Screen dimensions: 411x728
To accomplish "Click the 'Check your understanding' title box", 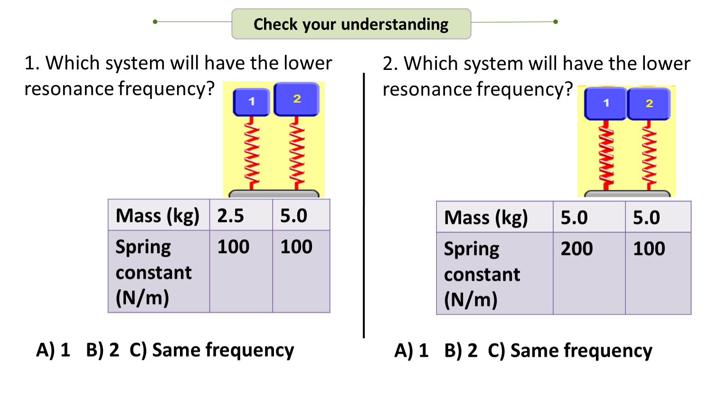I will (x=351, y=24).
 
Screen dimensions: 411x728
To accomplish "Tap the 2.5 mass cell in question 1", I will (x=241, y=215).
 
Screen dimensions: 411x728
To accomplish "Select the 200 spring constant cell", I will (x=588, y=273).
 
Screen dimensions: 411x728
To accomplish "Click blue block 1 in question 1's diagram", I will (x=251, y=102).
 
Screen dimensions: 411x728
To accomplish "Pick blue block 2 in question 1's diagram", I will (x=297, y=99).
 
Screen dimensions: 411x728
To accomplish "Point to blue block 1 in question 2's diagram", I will (x=605, y=103).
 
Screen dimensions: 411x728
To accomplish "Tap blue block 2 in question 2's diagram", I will (x=649, y=104).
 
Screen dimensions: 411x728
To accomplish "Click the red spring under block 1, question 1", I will (x=252, y=152).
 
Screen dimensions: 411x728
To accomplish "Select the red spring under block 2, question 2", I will (x=649, y=155).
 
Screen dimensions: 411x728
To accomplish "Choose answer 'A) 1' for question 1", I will (x=53, y=350).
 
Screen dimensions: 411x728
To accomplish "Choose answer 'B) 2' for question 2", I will (x=461, y=351).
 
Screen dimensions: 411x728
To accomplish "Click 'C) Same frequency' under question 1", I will (x=212, y=350).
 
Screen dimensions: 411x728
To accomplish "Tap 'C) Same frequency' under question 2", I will (x=570, y=351).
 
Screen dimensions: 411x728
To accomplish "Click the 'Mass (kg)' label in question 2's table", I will (x=486, y=217).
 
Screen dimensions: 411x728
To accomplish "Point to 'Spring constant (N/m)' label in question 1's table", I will (x=153, y=272).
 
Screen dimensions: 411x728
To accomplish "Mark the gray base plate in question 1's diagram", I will (x=274, y=194).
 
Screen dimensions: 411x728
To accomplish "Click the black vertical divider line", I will (x=364, y=205).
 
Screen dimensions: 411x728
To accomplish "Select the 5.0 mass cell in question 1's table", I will (x=301, y=215).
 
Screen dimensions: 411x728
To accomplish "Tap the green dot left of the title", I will (x=155, y=21).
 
